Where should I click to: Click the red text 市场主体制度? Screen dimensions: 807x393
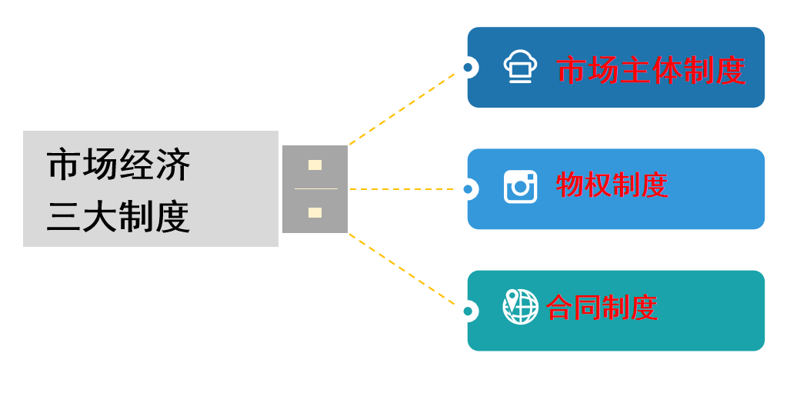[651, 70]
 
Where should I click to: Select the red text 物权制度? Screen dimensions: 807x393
[612, 185]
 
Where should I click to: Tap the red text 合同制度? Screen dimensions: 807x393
[602, 308]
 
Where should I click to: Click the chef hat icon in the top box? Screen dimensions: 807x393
[520, 66]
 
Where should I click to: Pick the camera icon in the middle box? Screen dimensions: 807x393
[520, 186]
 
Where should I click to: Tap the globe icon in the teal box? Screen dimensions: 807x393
[520, 307]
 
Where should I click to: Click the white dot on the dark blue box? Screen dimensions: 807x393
[468, 68]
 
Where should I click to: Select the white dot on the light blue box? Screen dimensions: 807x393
[468, 189]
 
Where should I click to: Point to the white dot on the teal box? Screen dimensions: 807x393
[468, 311]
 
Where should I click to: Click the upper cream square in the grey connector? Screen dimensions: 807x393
[315, 165]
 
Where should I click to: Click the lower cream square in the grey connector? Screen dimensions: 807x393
[315, 212]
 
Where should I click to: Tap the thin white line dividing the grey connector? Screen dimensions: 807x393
[315, 188]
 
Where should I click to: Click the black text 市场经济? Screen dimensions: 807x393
[118, 165]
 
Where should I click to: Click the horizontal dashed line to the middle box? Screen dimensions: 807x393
[404, 188]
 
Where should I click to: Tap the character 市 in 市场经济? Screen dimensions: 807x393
[64, 165]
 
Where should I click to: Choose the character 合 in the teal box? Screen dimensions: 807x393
[559, 308]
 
